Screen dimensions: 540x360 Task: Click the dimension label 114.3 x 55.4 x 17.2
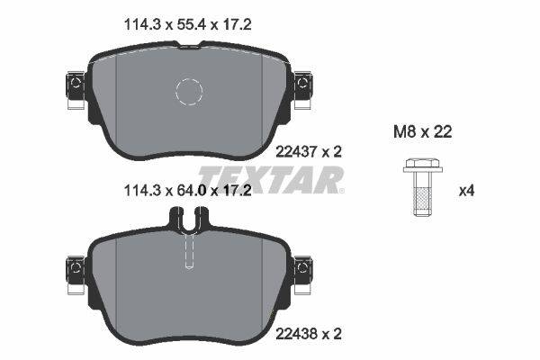187,25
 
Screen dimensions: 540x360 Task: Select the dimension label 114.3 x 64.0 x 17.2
187,190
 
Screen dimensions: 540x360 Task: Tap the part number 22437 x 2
309,151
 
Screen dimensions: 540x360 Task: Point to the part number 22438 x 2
309,334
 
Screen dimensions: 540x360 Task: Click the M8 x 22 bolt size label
423,131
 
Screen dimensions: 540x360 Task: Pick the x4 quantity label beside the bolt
466,191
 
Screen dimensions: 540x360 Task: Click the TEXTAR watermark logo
271,179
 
